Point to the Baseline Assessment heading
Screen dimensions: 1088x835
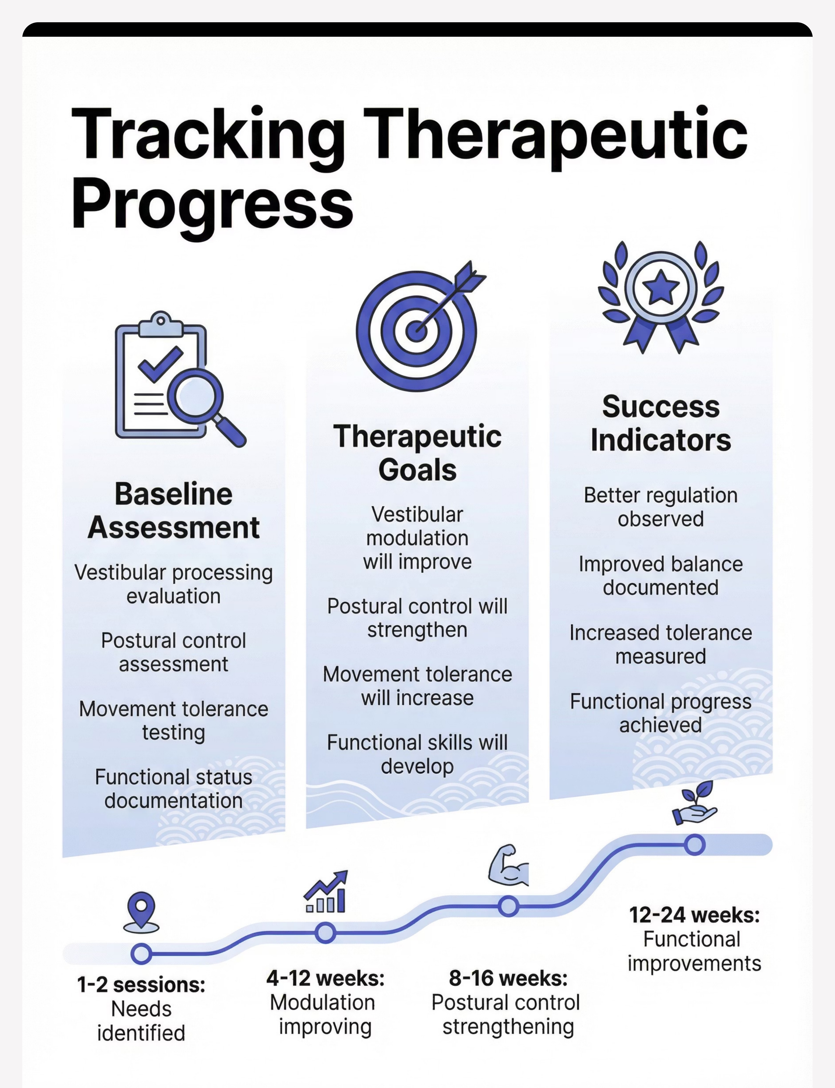tap(173, 511)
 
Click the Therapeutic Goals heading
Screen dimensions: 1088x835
tap(417, 453)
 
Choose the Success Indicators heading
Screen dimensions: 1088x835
tap(661, 423)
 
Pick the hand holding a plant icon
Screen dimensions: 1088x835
tap(695, 804)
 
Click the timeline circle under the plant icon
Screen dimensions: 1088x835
tap(695, 845)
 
